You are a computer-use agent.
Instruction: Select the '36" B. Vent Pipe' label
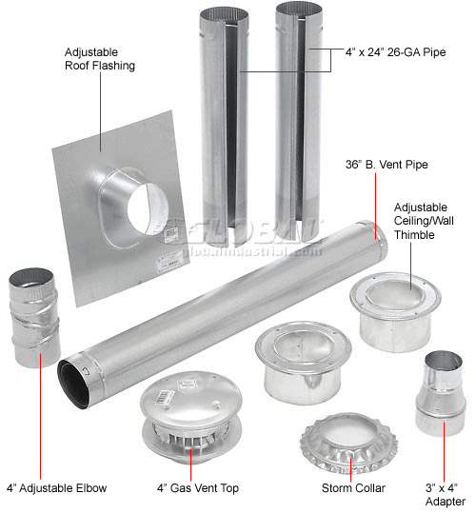(x=386, y=165)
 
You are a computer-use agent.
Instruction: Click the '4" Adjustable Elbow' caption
(x=54, y=488)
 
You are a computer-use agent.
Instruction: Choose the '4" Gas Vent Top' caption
(x=196, y=488)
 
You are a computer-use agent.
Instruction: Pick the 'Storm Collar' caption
(x=353, y=488)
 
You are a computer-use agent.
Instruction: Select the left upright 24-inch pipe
(x=224, y=114)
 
